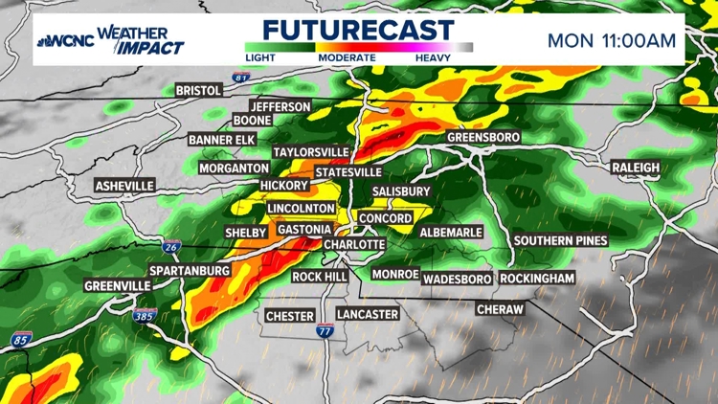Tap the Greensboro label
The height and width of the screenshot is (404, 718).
(x=483, y=138)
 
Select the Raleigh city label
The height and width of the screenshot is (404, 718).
(x=636, y=168)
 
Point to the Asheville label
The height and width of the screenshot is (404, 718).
(x=124, y=185)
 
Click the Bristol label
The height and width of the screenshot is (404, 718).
(x=199, y=90)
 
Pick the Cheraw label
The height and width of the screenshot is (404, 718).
(x=501, y=310)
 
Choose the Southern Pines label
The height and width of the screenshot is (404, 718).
(x=560, y=240)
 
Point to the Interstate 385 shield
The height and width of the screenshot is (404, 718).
(x=145, y=316)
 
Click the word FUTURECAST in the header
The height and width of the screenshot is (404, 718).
(x=358, y=27)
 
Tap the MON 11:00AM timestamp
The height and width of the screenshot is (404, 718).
(x=612, y=40)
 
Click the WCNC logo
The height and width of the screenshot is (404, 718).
(x=66, y=40)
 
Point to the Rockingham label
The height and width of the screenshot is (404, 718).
(x=537, y=279)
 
